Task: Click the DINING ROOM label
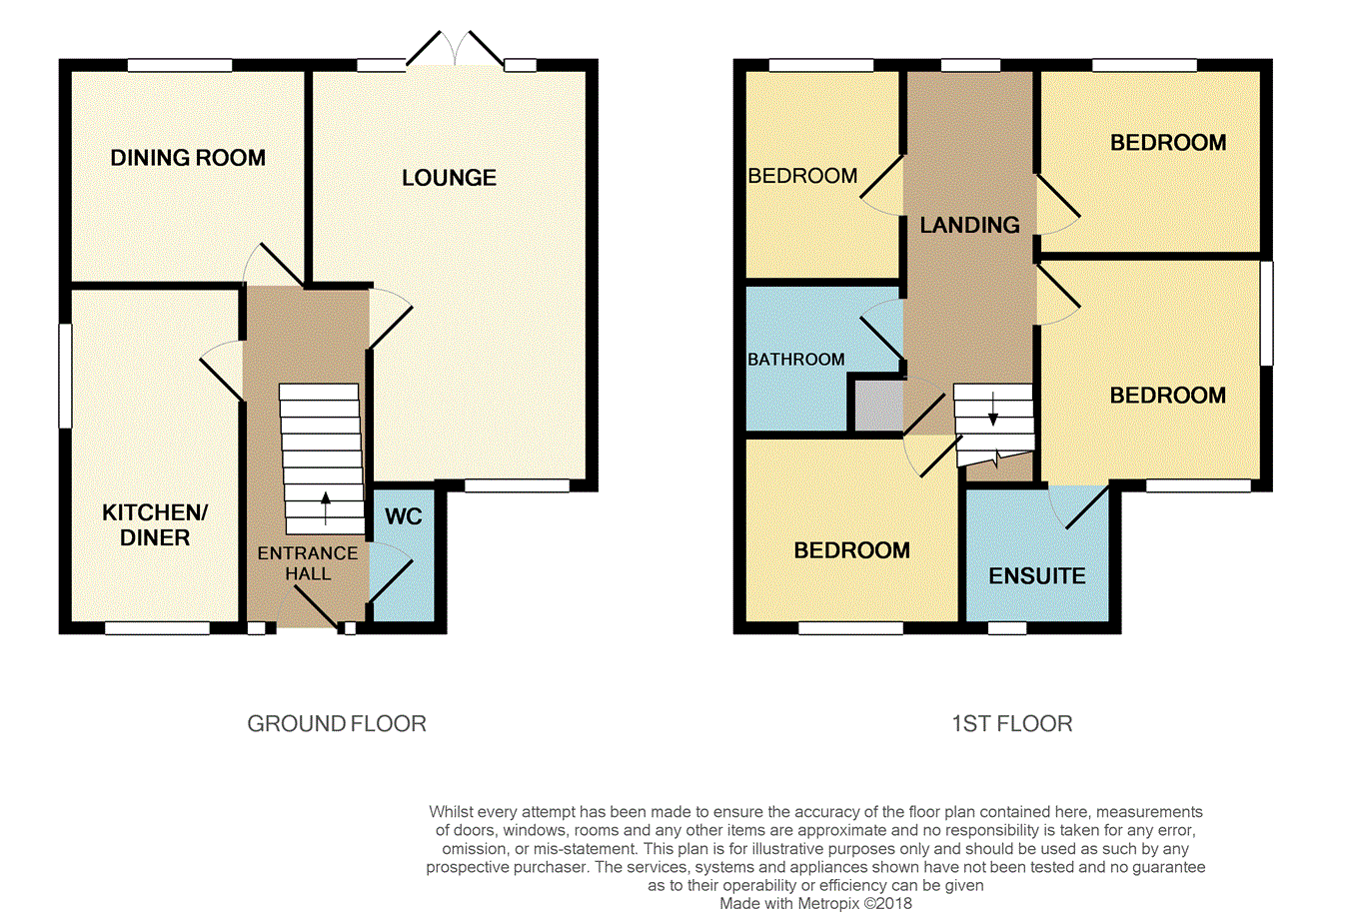coord(188,158)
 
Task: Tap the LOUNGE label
coord(450,178)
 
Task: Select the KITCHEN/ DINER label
coord(155,524)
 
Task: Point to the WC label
coord(404,516)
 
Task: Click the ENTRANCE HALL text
coord(308,563)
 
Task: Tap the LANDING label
coord(969,225)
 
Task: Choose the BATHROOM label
coord(796,360)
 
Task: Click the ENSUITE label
coord(1037,576)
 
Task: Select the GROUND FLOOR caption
coord(337,723)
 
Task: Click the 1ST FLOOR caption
coord(1011,723)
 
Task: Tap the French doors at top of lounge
coord(455,49)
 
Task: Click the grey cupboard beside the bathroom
coord(878,407)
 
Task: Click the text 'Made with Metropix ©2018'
coord(816,903)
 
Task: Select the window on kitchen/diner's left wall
coord(65,377)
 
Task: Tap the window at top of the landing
coord(970,65)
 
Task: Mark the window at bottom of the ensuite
coord(1007,627)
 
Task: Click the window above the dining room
coord(180,65)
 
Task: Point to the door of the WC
coord(391,571)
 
